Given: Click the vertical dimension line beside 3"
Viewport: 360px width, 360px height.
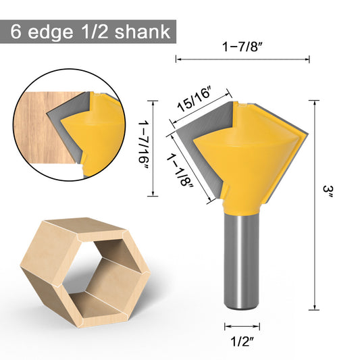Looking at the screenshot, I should click(x=315, y=203).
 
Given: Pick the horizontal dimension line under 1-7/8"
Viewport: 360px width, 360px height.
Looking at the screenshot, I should click(x=242, y=59).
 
